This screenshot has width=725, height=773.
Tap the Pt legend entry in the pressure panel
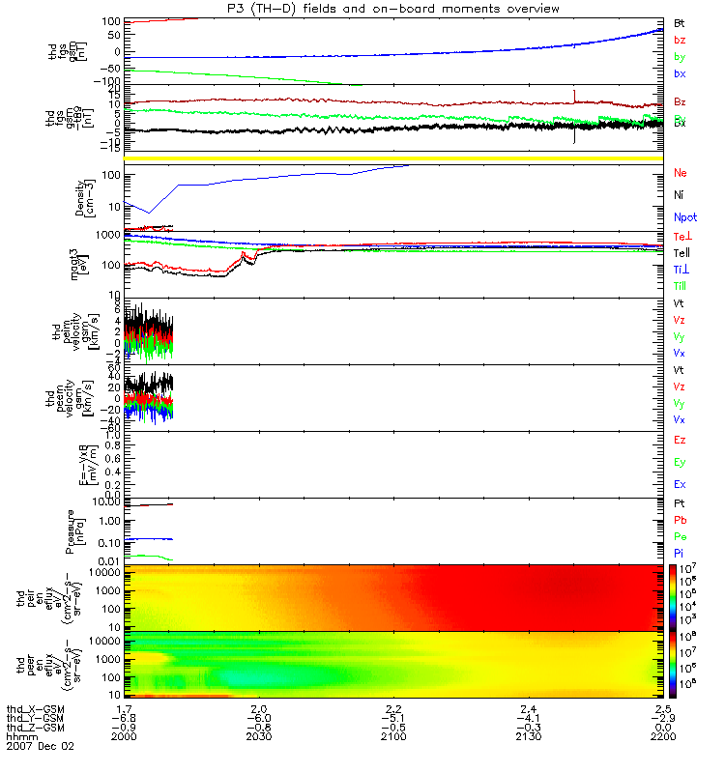(x=679, y=504)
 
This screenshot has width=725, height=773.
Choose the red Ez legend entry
(x=679, y=440)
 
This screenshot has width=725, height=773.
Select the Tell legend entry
(x=681, y=252)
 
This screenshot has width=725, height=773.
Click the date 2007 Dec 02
(x=40, y=747)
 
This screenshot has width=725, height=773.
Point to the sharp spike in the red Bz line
(x=574, y=95)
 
